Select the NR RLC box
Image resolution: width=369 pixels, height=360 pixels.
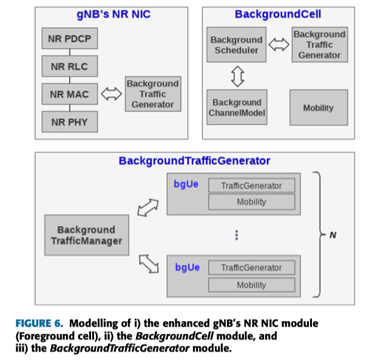(x=70, y=66)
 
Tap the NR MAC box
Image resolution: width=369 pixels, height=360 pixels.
(x=70, y=94)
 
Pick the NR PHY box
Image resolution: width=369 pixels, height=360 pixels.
(x=70, y=122)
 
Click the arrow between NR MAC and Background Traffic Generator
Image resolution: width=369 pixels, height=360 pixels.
(x=111, y=94)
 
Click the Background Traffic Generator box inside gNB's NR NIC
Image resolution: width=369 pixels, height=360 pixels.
(x=152, y=94)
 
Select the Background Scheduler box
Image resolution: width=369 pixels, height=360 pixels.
(x=236, y=45)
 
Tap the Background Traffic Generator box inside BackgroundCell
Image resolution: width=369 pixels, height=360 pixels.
(x=319, y=44)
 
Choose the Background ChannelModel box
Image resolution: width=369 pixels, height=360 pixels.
(x=236, y=107)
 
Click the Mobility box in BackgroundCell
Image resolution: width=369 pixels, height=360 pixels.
(x=319, y=108)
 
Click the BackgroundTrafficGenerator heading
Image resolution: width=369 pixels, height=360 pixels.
(x=194, y=161)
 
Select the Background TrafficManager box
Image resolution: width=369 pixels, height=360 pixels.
(x=87, y=236)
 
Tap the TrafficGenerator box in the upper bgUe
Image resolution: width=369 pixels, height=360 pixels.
(x=251, y=186)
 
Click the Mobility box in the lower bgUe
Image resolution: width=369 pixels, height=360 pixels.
(x=251, y=285)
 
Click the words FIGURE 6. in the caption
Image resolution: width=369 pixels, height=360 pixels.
(x=38, y=322)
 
